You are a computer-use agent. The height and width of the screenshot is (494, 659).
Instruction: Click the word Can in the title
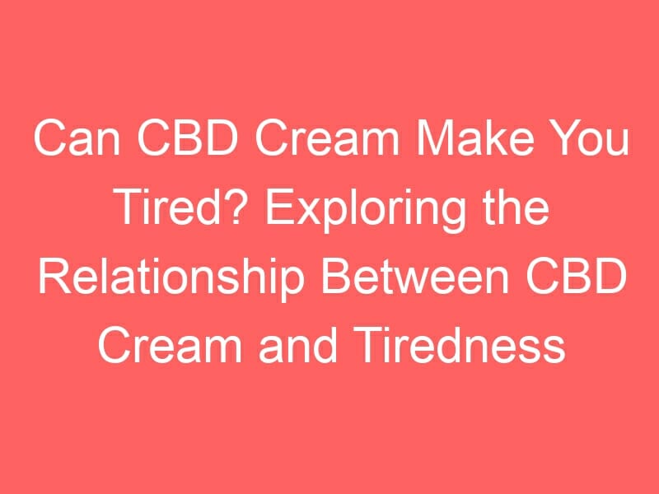77,138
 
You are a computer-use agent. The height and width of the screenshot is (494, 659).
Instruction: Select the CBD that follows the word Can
188,138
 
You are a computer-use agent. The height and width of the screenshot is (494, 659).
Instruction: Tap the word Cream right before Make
327,138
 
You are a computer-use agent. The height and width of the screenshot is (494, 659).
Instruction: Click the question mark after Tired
243,207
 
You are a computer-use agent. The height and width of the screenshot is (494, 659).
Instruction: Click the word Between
414,277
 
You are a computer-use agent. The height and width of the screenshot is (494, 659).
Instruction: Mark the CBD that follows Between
576,277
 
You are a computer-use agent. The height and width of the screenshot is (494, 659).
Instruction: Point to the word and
298,346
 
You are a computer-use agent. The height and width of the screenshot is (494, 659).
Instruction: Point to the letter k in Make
496,138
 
